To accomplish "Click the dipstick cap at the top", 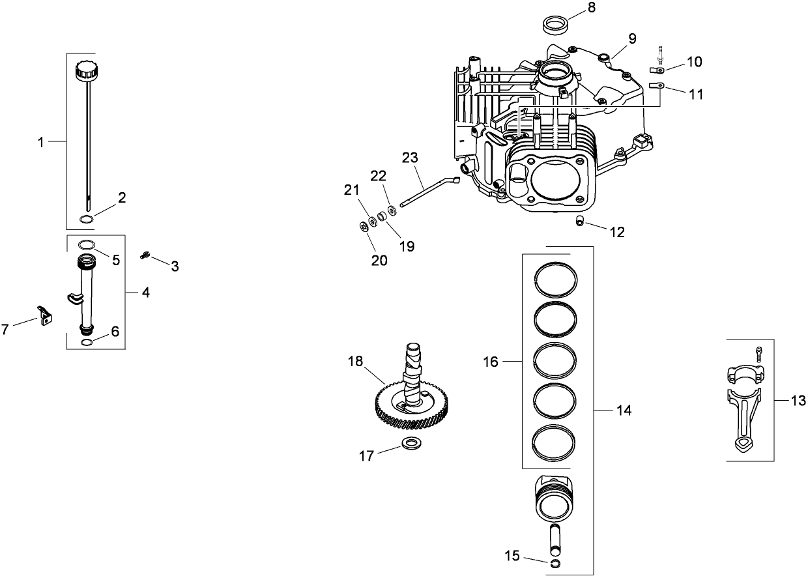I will click(86, 70).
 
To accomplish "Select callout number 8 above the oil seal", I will click(591, 8).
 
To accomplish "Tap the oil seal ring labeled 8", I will click(555, 25).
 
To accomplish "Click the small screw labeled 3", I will click(145, 256).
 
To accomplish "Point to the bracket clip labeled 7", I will click(44, 315).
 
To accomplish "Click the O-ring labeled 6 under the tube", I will click(86, 341).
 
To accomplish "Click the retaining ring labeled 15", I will click(555, 563).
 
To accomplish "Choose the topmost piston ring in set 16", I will click(555, 279).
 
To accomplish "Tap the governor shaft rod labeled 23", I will click(430, 192).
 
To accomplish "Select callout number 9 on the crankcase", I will click(631, 38).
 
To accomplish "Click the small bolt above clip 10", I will click(660, 51).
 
